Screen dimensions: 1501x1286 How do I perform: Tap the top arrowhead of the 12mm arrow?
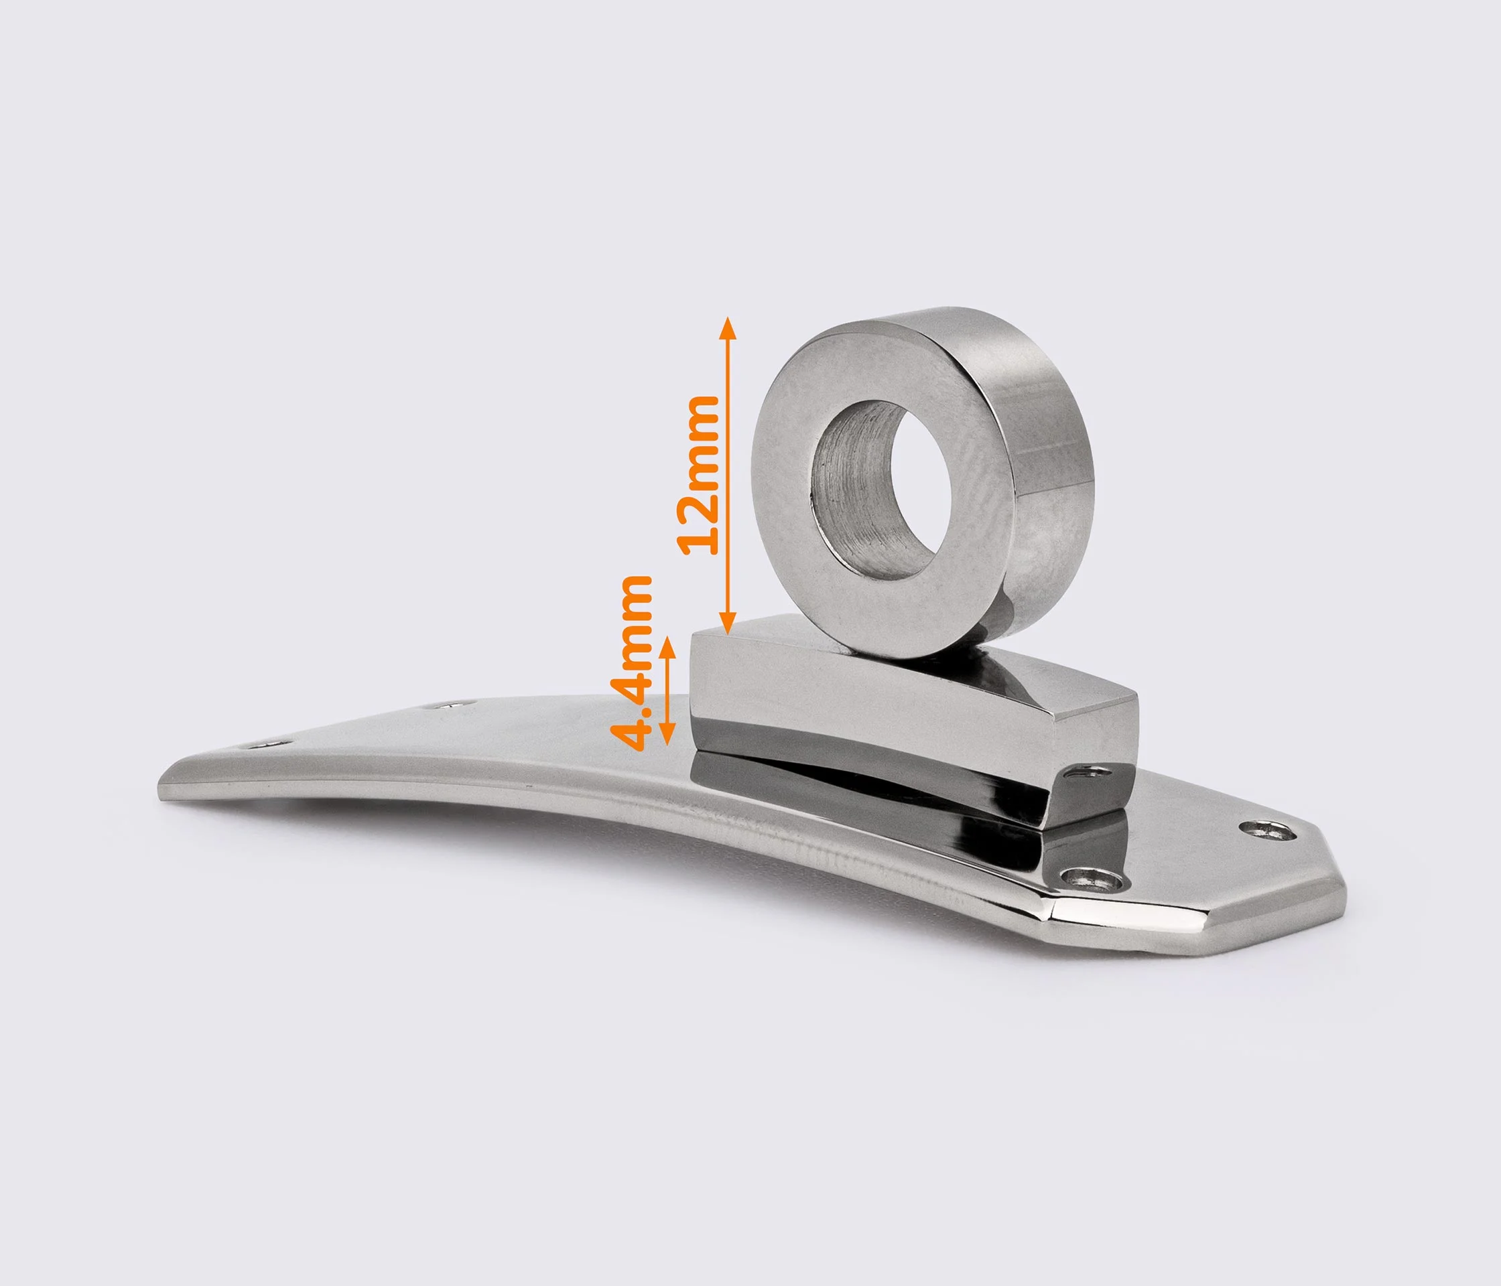tap(729, 328)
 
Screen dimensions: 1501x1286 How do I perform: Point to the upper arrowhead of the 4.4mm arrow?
tap(668, 646)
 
